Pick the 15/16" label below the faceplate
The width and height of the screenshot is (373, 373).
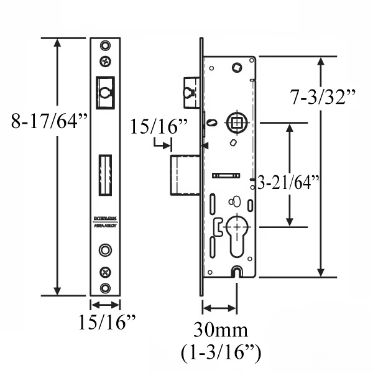(x=106, y=323)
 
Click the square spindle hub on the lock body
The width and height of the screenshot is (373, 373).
(x=235, y=122)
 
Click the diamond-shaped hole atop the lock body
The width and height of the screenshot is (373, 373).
(x=237, y=67)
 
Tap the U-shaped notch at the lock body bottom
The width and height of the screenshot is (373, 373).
(x=237, y=271)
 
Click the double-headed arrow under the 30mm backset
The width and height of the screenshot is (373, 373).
(x=219, y=308)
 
